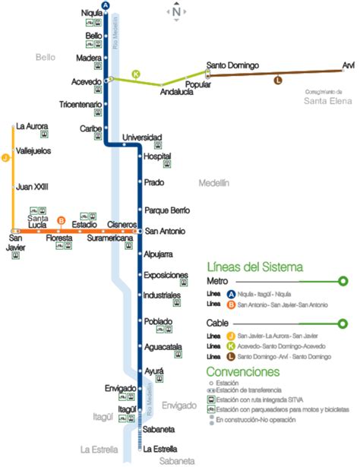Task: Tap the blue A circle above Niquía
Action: click(x=106, y=5)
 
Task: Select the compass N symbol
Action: click(x=176, y=11)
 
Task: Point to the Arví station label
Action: click(x=348, y=66)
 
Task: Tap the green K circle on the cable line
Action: click(x=136, y=74)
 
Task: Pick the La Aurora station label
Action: click(x=32, y=125)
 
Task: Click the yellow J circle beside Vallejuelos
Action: click(x=5, y=158)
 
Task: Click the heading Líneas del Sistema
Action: click(x=255, y=267)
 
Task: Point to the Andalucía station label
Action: click(x=177, y=93)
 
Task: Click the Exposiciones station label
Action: click(x=166, y=274)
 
